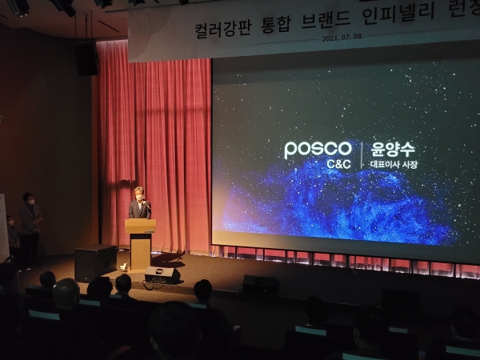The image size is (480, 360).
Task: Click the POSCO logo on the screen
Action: pyautogui.click(x=318, y=149)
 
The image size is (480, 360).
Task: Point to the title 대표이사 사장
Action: pyautogui.click(x=394, y=165)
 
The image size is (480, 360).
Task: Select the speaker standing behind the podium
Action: pyautogui.click(x=140, y=206)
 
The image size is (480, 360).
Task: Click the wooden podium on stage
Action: pyautogui.click(x=140, y=243)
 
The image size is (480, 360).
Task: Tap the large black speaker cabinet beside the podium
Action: pyautogui.click(x=95, y=262)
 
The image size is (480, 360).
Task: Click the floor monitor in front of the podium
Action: pyautogui.click(x=162, y=275)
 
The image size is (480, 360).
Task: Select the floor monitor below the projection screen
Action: pyautogui.click(x=261, y=284)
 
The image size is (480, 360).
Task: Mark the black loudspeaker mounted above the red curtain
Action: pyautogui.click(x=86, y=59)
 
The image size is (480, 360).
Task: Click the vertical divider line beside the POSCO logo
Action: pyautogui.click(x=362, y=155)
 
